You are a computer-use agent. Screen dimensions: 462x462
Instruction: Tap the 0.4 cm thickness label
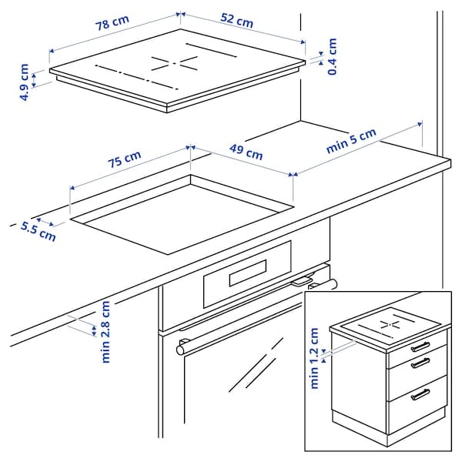332,56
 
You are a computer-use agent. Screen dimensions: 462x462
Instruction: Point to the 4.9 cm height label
25,83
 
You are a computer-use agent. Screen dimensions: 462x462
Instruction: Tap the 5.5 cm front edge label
38,230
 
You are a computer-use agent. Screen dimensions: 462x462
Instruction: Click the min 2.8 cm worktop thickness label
105,331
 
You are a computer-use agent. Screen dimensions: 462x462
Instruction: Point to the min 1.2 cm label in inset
314,358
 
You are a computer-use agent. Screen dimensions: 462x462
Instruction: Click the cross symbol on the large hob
172,63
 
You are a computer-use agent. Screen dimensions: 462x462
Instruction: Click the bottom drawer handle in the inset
420,394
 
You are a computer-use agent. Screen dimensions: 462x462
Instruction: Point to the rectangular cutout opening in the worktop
181,216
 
